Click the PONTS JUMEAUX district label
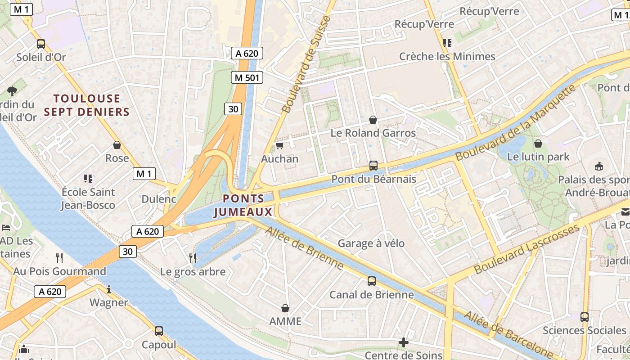point(243,205)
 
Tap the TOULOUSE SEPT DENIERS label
point(87,105)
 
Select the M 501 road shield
point(247,77)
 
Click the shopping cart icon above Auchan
point(279,146)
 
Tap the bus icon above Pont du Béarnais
point(373,166)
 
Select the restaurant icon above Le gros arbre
point(193,258)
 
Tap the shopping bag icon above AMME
point(285,308)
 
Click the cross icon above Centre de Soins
point(404,343)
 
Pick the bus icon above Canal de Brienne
point(371,282)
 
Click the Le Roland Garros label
point(373,133)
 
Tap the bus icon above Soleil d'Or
point(41,44)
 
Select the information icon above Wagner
point(108,289)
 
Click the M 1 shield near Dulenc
point(144,174)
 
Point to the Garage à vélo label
point(371,243)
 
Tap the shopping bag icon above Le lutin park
point(538,144)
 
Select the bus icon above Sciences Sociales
point(584,317)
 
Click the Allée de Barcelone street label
point(508,333)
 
